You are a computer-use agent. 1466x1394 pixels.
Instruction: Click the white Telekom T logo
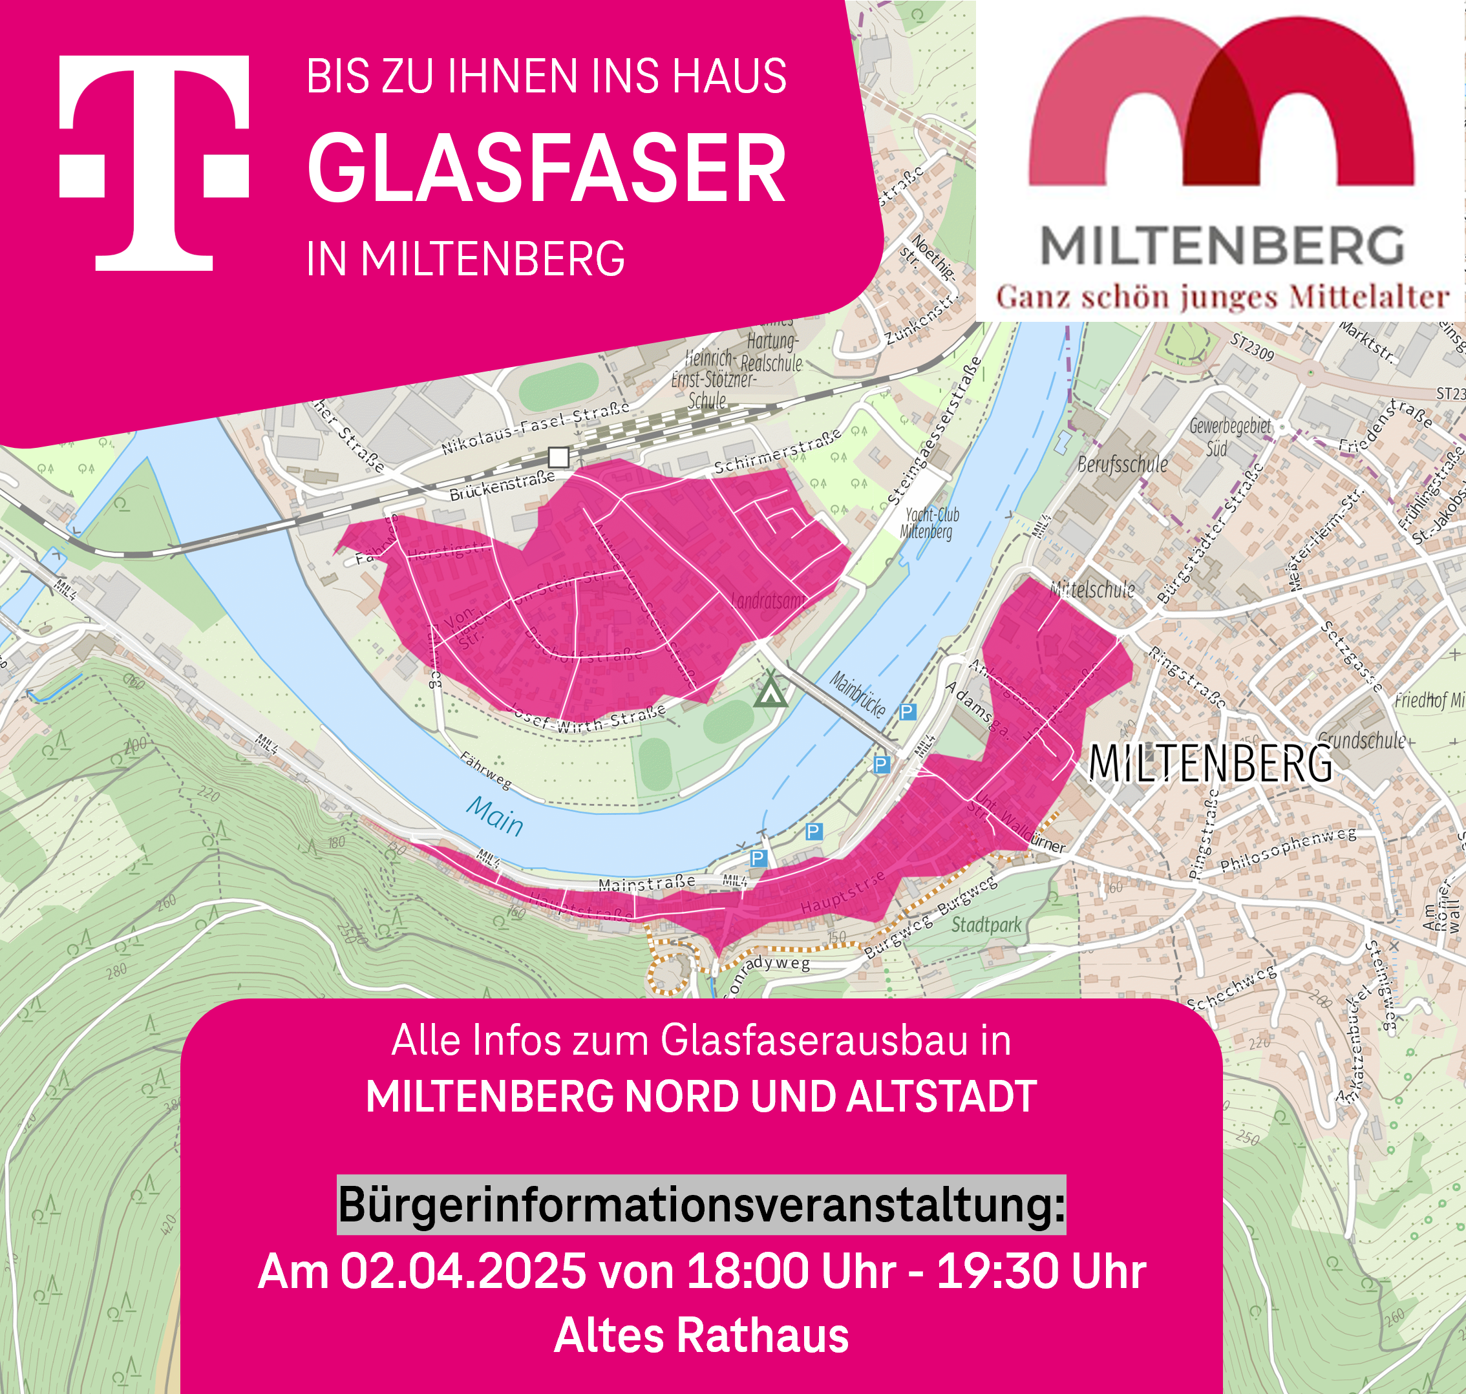point(154,162)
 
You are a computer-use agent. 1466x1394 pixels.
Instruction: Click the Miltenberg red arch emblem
point(1221,104)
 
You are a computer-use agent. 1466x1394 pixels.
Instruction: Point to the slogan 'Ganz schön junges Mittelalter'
point(1222,297)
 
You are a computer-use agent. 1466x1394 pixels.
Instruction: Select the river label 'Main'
point(494,815)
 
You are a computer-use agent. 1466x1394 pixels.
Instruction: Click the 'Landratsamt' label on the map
point(767,600)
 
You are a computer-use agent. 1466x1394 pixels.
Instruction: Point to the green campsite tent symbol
point(770,692)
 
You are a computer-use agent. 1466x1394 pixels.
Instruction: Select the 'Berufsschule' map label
point(1122,465)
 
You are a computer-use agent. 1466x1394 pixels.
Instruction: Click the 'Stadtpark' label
point(986,925)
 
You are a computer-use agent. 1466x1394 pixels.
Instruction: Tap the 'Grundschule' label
point(1361,740)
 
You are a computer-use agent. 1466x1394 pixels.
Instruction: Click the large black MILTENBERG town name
point(1209,763)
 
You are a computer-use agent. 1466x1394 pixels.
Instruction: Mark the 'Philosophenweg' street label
point(1288,849)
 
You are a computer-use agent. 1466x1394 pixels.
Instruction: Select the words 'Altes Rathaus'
point(701,1335)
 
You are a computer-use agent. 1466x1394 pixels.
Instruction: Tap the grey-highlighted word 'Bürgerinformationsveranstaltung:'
point(701,1205)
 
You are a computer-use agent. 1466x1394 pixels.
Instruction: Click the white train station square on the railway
point(558,457)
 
